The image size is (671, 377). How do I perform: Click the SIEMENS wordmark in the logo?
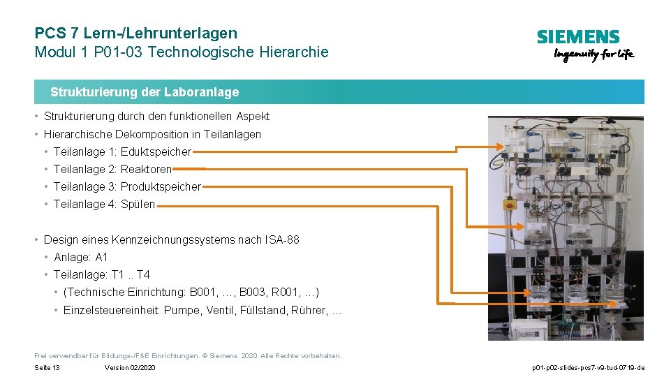pos(577,37)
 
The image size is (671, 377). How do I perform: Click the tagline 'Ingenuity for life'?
pos(593,54)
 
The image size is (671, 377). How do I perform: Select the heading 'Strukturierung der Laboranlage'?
pos(145,92)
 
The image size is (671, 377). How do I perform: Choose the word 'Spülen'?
pos(138,205)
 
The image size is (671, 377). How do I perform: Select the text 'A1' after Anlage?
pos(101,257)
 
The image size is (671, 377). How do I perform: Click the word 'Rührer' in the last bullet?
pos(307,310)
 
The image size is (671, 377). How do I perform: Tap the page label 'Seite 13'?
pos(47,368)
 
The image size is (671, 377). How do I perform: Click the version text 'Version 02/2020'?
pos(130,368)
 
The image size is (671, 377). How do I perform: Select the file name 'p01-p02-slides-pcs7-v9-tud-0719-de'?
pos(588,368)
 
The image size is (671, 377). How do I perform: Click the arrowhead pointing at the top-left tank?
pos(500,146)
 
